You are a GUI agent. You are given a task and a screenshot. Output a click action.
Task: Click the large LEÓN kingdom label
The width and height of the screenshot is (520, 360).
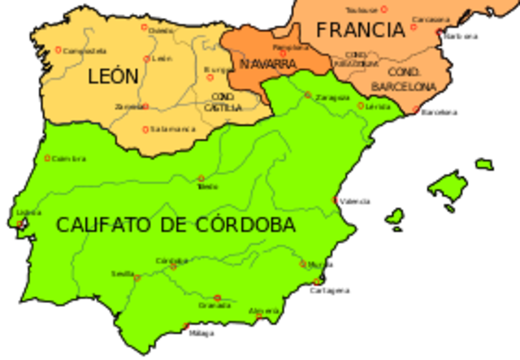114,76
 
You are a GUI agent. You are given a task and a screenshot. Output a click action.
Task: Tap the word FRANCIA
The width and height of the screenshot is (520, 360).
361,30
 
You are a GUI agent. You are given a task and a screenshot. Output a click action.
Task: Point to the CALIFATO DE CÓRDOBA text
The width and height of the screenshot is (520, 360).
175,225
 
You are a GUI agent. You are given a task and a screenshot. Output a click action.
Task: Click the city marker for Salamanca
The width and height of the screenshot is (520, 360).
145,129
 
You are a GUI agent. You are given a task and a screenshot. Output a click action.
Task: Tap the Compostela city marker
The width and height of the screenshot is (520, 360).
58,50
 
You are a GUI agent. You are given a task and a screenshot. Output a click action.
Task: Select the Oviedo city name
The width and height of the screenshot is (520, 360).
161,31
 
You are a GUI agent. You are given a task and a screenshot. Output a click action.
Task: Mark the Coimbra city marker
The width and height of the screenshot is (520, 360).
47,158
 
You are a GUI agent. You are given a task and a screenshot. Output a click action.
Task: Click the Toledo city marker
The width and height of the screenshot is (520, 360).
201,179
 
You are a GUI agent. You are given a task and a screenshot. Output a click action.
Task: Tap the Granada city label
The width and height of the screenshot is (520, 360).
215,306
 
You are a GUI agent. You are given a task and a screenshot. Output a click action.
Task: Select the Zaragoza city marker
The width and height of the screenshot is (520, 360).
308,95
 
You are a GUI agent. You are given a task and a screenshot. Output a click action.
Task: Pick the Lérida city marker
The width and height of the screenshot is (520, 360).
361,105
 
